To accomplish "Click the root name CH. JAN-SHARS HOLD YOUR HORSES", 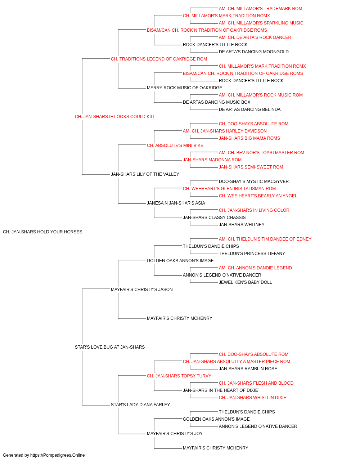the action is tap(42, 232).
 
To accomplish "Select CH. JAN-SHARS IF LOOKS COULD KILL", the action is tap(115, 117).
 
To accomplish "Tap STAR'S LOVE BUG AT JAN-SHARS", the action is tap(110, 347).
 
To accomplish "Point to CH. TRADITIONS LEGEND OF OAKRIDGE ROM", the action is tap(159, 59).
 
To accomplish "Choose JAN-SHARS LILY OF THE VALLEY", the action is tap(145, 174).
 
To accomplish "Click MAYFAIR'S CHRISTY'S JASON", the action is tap(141, 289).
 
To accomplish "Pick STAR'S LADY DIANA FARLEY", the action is tap(140, 404).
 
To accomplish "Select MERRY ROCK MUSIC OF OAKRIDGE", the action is tap(184, 88).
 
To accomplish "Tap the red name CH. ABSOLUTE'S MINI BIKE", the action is tap(175, 145).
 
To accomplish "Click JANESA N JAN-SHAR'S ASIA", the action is tap(176, 203).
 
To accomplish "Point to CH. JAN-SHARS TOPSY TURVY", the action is tap(179, 376).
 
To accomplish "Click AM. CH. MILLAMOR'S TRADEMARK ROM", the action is tap(260, 9).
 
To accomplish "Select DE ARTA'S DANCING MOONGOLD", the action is tap(253, 52).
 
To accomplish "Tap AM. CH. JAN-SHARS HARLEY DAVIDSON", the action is tap(225, 131).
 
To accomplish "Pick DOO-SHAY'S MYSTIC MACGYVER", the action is tap(254, 182).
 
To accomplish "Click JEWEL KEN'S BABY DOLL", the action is tap(245, 282).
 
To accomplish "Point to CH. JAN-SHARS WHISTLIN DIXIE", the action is tap(252, 397).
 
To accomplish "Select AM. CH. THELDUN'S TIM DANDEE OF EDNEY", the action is tap(265, 239).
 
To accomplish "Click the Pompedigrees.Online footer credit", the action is tap(44, 455).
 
